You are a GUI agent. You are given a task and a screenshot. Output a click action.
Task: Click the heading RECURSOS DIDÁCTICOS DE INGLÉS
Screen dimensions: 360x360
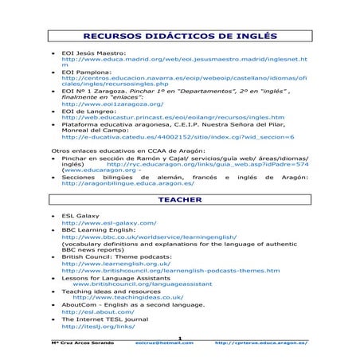180,36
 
